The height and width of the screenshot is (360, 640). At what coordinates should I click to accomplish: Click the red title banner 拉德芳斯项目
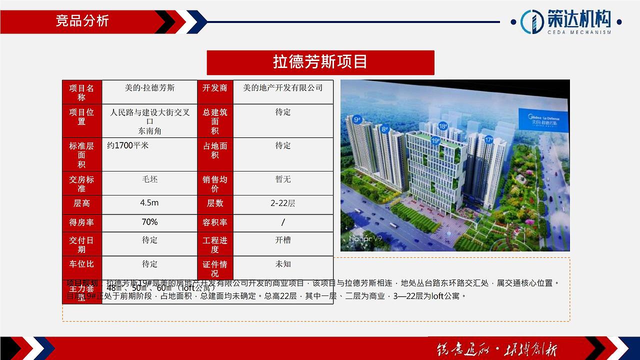(320, 62)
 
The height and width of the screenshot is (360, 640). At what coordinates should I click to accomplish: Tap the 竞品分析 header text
(82, 21)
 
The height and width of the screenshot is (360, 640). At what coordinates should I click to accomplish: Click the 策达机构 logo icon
(532, 21)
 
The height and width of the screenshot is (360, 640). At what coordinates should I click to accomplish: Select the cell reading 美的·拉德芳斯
(149, 88)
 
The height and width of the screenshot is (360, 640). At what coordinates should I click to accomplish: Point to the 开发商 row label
(215, 88)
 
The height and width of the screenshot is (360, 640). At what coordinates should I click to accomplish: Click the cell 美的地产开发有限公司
(283, 88)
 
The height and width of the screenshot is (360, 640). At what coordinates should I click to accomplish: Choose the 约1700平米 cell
(128, 145)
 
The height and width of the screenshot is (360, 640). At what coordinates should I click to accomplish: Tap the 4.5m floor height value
(149, 203)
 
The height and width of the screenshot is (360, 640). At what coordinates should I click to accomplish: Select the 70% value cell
(149, 222)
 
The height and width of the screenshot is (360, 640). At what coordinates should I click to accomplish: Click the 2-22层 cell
(283, 203)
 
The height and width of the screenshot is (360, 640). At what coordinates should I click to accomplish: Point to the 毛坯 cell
(149, 179)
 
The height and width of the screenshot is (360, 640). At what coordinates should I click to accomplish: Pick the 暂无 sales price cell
(283, 179)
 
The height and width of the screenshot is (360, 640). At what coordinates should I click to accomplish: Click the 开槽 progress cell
(283, 240)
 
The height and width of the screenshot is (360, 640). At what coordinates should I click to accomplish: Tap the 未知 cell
(283, 264)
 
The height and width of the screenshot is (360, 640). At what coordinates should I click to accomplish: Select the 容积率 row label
(215, 222)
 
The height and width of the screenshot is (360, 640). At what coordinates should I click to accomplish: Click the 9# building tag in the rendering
(357, 120)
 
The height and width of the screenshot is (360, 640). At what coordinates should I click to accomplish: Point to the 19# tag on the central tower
(435, 141)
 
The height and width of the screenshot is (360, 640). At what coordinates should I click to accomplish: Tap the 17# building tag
(488, 140)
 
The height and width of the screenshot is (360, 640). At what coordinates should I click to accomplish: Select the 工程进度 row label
(215, 244)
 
